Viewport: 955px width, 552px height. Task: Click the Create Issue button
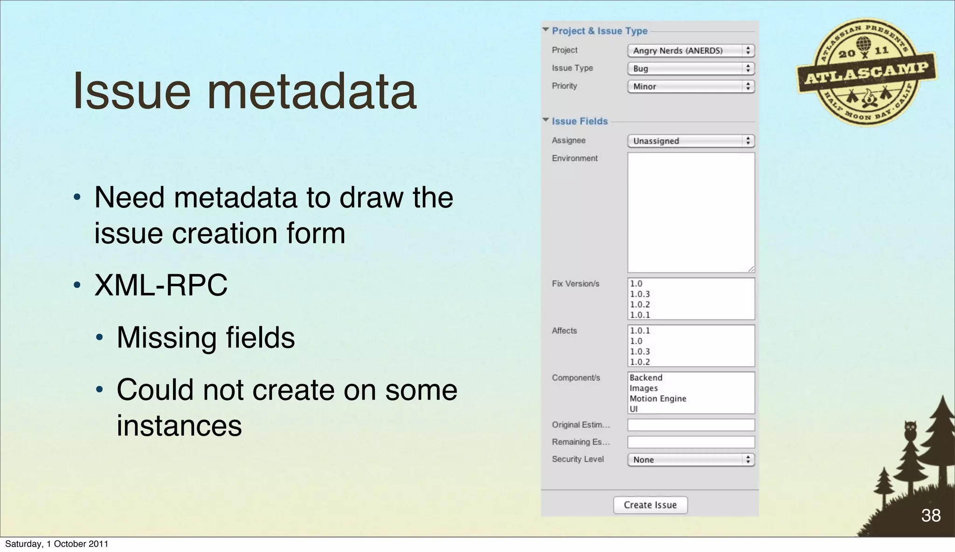(650, 505)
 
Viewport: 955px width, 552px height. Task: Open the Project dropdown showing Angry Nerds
(691, 50)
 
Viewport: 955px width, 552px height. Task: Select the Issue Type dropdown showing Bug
(691, 69)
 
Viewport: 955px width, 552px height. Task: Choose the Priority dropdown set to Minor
(691, 86)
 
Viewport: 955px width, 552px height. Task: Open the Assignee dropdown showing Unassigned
(691, 141)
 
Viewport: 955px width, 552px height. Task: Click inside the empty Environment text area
(691, 212)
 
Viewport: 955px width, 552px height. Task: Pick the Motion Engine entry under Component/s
(658, 399)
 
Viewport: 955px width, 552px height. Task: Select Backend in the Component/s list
(646, 378)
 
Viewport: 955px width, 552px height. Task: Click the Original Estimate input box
(691, 425)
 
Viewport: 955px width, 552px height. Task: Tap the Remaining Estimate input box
(691, 442)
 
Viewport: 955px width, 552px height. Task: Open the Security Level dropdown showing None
(691, 460)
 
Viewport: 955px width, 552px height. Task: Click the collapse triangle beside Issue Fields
(546, 120)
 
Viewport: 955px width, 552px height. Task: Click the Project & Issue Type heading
(600, 31)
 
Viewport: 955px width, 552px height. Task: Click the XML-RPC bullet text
(161, 285)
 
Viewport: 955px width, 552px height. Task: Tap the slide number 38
(931, 515)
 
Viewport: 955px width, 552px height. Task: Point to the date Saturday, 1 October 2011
(56, 544)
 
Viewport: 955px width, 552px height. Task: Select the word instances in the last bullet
(179, 425)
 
